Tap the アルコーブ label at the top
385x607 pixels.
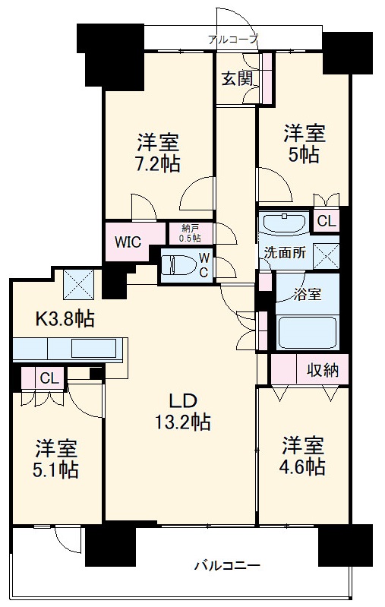(x=232, y=39)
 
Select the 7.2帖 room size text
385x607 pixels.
(x=159, y=164)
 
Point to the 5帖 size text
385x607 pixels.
(x=304, y=155)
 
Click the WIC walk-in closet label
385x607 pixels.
(x=128, y=242)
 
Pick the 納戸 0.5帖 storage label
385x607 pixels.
(x=190, y=233)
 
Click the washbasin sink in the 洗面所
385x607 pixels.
(x=285, y=223)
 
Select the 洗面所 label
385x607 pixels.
(x=285, y=253)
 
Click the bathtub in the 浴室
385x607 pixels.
(x=308, y=332)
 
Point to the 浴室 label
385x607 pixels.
(x=308, y=294)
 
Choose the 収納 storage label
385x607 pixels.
(x=323, y=371)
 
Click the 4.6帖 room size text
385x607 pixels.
(x=302, y=467)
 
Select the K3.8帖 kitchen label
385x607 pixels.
(x=65, y=318)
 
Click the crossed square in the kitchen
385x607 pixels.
(x=79, y=285)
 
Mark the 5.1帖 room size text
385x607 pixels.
(x=56, y=470)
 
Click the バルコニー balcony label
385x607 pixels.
(x=227, y=566)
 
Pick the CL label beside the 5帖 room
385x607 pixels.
(x=327, y=221)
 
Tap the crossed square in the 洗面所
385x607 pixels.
(x=327, y=256)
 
